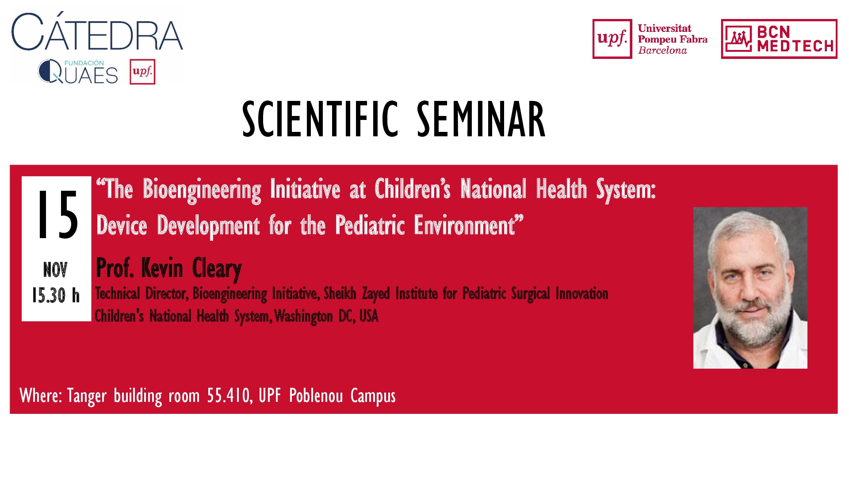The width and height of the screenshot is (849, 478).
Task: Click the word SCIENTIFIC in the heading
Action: (x=320, y=119)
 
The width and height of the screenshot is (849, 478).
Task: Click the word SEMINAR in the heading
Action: (x=482, y=119)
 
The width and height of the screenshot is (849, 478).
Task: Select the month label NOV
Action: (x=55, y=270)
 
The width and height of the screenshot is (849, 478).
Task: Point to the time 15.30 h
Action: (x=56, y=295)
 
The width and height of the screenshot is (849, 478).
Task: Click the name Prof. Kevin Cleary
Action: (x=169, y=268)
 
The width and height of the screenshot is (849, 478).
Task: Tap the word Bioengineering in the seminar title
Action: (x=202, y=189)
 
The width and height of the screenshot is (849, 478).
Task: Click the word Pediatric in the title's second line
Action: (x=370, y=225)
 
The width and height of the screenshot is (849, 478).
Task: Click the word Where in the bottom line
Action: (x=41, y=395)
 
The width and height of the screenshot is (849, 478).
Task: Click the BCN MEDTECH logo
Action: (x=779, y=39)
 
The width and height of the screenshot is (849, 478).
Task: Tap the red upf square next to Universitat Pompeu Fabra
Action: (x=612, y=39)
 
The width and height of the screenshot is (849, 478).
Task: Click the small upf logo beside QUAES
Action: (x=142, y=72)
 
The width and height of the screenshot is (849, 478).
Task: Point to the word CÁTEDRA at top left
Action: (x=97, y=32)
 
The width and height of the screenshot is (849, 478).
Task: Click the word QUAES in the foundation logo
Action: (x=78, y=73)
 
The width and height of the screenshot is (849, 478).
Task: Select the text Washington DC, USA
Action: (x=326, y=316)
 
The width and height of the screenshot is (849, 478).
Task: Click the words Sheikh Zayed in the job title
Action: (x=357, y=293)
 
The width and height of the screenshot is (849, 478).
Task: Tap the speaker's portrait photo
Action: (x=750, y=288)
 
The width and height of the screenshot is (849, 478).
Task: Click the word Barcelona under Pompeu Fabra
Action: (x=662, y=50)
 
